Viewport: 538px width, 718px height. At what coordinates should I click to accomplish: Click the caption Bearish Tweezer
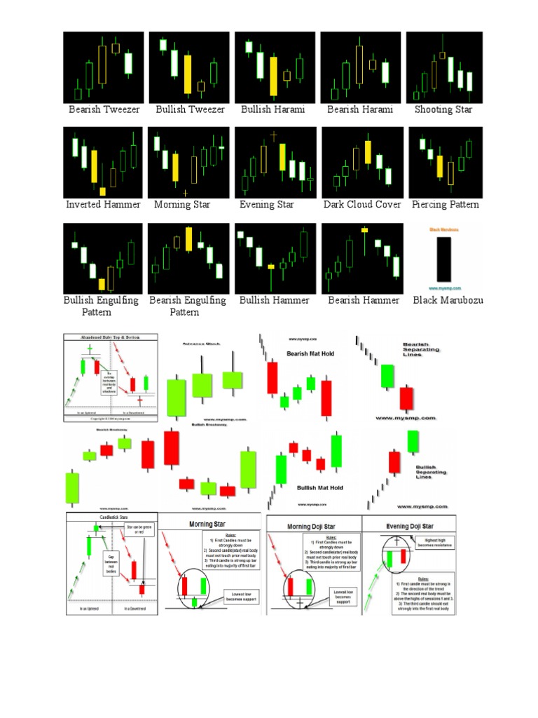[x=104, y=109]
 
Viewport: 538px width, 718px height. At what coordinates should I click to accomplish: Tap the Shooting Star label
[x=443, y=109]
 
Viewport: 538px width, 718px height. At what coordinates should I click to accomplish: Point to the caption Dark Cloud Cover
[x=362, y=205]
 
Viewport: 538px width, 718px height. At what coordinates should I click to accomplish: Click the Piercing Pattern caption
[x=446, y=205]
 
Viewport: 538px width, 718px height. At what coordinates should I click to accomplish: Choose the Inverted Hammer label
[x=103, y=205]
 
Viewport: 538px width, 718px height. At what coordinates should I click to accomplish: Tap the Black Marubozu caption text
[x=448, y=300]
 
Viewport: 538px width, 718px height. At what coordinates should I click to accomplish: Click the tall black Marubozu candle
[x=443, y=259]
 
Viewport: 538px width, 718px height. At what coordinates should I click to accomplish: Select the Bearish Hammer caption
[x=364, y=300]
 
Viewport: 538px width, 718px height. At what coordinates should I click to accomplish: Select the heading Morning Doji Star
[x=314, y=527]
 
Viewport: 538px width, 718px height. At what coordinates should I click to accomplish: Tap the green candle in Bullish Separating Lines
[x=413, y=442]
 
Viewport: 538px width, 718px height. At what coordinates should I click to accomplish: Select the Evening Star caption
[x=267, y=205]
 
